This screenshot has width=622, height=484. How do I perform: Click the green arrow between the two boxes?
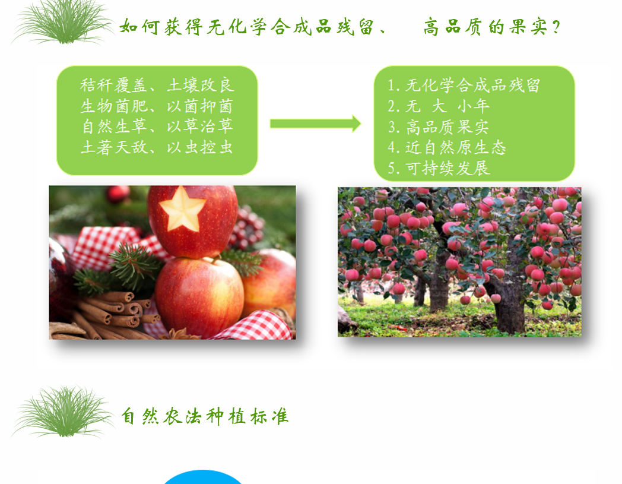click(x=315, y=124)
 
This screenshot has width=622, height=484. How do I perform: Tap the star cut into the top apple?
click(x=182, y=208)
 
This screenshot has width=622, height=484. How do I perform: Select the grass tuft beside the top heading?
click(x=63, y=22)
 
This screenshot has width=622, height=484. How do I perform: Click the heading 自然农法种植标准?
click(x=205, y=416)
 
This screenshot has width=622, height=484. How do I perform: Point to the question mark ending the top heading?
click(x=556, y=27)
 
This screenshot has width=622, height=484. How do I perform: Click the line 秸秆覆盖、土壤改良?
click(x=157, y=86)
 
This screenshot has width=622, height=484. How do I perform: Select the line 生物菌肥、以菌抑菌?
click(x=157, y=106)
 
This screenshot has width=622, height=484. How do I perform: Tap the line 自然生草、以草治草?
click(x=157, y=126)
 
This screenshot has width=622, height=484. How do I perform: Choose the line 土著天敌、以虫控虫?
click(x=157, y=147)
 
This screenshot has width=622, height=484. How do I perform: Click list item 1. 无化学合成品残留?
click(x=464, y=86)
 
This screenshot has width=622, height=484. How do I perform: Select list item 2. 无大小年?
click(x=439, y=106)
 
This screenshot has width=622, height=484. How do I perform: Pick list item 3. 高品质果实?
click(x=438, y=127)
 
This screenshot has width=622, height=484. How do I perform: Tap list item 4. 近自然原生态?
click(x=447, y=148)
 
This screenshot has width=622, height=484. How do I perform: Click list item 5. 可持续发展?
click(x=439, y=168)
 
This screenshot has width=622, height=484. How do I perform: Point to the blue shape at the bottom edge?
click(x=203, y=477)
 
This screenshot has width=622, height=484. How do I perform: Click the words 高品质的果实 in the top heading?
click(x=485, y=27)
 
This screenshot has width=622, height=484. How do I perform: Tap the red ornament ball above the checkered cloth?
click(x=118, y=194)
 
